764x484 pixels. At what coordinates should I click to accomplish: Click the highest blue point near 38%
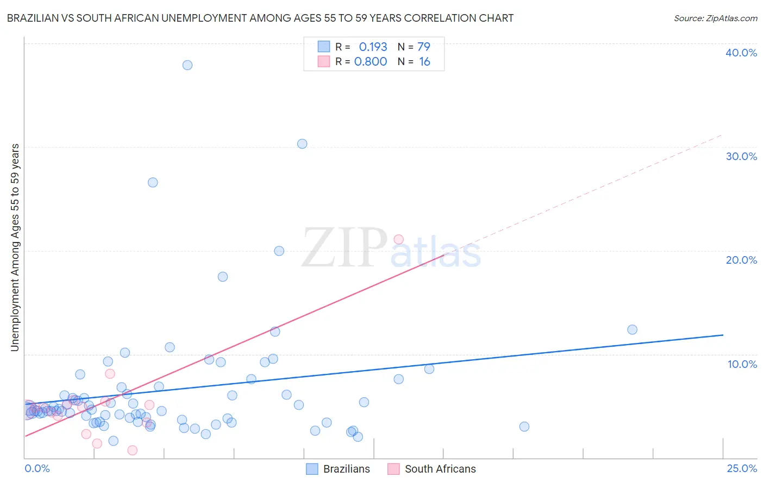187,65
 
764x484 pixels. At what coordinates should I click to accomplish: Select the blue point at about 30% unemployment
302,144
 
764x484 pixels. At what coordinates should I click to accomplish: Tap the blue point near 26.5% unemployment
153,182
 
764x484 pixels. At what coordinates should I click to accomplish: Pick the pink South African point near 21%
398,239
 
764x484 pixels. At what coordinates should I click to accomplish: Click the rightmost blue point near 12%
632,329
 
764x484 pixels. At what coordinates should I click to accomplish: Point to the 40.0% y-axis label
741,53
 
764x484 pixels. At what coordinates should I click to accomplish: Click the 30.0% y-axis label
741,156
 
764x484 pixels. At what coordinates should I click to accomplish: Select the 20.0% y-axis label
741,260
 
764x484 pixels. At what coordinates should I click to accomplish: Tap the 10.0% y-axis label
742,364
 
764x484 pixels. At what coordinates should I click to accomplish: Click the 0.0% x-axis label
37,468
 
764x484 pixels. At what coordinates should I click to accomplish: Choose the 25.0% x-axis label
742,468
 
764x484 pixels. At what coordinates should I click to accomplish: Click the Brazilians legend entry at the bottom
338,469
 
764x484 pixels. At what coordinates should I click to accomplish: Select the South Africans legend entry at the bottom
431,469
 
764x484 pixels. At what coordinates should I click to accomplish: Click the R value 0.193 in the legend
373,47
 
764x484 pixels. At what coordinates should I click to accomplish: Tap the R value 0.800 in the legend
371,62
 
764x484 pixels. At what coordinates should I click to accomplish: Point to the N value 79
424,47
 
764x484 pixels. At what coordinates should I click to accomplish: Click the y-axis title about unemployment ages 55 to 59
15,247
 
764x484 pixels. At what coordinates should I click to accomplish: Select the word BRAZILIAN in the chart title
38,18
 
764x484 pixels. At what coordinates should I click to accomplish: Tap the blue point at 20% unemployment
279,251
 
